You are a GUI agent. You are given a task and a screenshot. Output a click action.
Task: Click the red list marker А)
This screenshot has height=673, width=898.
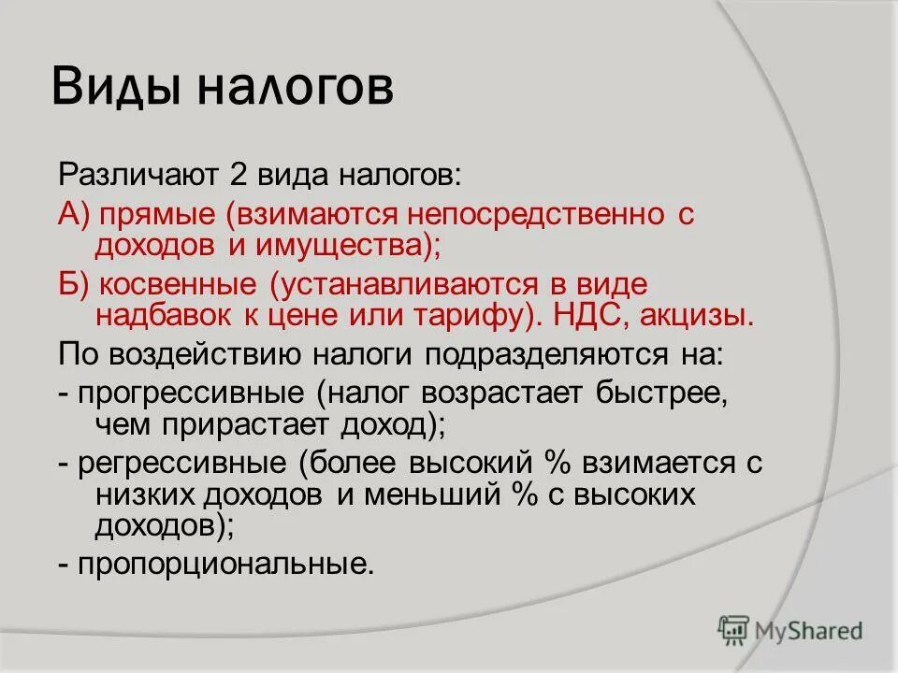(74, 214)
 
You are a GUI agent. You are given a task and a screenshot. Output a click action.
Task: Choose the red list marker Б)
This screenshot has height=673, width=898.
(74, 284)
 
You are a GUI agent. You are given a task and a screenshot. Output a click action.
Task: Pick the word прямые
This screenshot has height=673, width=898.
(158, 214)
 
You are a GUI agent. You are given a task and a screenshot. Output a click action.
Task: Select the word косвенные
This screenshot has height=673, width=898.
(181, 284)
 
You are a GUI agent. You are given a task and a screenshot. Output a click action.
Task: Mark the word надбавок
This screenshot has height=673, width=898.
(160, 316)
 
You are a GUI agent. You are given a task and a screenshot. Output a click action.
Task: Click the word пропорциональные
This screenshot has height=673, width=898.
(225, 565)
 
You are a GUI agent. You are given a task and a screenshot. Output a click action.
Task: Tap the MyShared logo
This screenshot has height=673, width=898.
(789, 630)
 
